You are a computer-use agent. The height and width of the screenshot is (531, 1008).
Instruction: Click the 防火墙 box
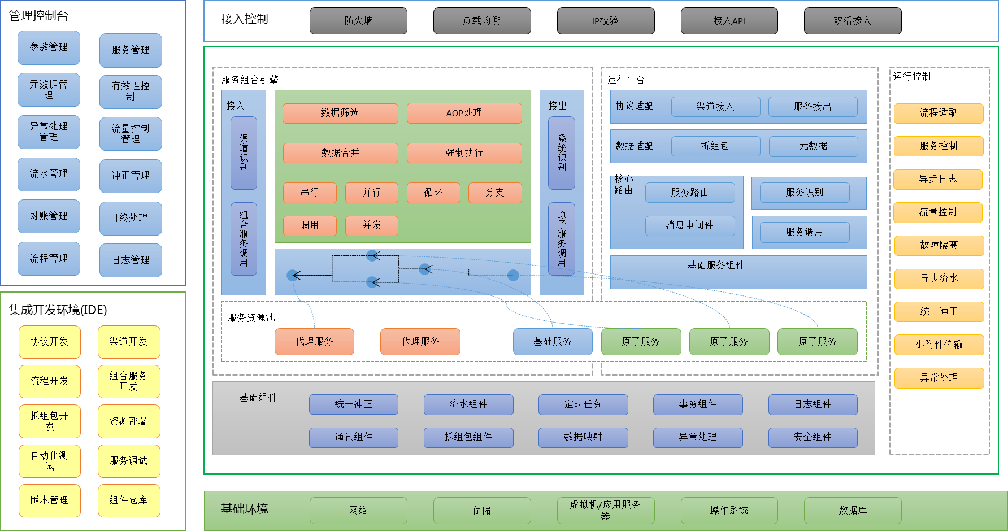pyautogui.click(x=358, y=21)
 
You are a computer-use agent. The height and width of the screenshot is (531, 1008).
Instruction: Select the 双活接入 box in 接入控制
pyautogui.click(x=852, y=21)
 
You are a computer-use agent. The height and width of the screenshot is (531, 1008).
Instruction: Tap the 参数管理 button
pyautogui.click(x=49, y=47)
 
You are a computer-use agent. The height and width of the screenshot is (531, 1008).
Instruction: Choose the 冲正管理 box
pyautogui.click(x=131, y=176)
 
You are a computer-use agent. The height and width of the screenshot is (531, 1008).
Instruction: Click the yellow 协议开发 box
pyautogui.click(x=49, y=342)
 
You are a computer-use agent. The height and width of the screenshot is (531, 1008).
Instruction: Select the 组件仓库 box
pyautogui.click(x=129, y=500)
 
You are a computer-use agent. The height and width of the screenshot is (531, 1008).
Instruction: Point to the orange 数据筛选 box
pyautogui.click(x=340, y=113)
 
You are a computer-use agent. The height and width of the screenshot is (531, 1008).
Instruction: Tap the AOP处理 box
pyautogui.click(x=464, y=113)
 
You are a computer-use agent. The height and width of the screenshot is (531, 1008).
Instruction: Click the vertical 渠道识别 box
pyautogui.click(x=244, y=153)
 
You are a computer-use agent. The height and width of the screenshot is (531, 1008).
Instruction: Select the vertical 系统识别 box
pyautogui.click(x=562, y=153)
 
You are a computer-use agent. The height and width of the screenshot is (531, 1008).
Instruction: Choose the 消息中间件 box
pyautogui.click(x=689, y=225)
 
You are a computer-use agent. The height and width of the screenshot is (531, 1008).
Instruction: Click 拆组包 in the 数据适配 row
pyautogui.click(x=715, y=146)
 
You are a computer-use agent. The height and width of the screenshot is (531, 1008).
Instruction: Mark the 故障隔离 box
pyautogui.click(x=939, y=245)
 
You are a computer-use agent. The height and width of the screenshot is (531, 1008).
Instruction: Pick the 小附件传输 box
pyautogui.click(x=939, y=345)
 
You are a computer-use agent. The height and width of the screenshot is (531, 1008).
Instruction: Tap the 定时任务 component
pyautogui.click(x=583, y=404)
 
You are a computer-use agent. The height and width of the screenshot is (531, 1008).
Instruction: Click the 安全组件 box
pyautogui.click(x=813, y=437)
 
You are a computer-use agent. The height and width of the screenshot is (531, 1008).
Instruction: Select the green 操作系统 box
pyautogui.click(x=729, y=511)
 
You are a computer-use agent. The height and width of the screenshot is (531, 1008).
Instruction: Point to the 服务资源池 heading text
pyautogui.click(x=251, y=318)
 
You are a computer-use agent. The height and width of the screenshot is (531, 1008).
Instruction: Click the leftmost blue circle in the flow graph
pyautogui.click(x=293, y=276)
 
